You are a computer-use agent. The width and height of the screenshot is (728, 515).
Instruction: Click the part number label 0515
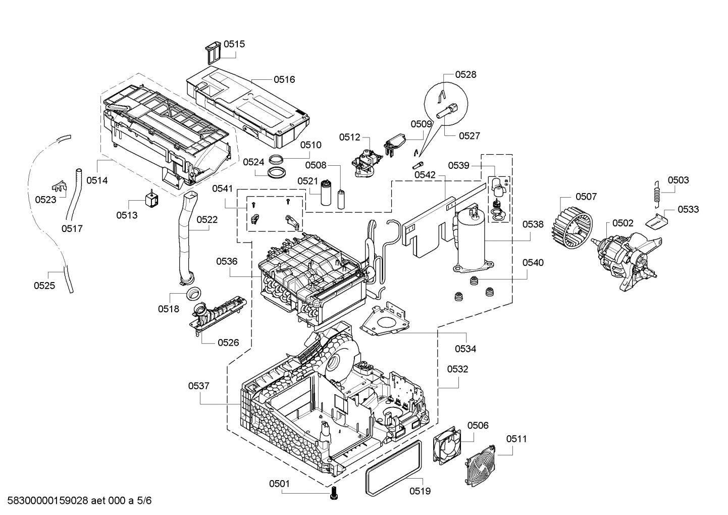[234, 44]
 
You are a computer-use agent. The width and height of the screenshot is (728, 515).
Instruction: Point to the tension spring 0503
[657, 193]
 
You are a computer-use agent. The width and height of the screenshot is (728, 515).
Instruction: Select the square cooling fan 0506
[446, 445]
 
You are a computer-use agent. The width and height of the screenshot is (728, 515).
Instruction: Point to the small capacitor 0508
[342, 199]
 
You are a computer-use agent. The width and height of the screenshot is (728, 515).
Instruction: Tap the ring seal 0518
[192, 294]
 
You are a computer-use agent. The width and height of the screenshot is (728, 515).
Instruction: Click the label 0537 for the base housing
[199, 386]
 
